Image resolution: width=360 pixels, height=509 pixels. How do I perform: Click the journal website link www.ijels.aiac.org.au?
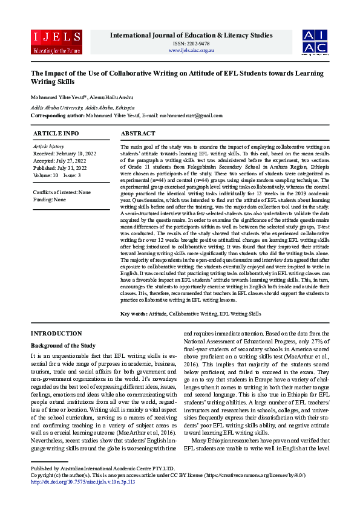click(191, 50)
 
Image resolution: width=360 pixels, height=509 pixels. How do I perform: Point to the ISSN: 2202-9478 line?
click(191, 44)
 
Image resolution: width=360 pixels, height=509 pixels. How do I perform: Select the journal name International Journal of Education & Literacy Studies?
click(191, 36)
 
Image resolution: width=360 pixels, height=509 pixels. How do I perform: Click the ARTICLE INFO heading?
click(56, 133)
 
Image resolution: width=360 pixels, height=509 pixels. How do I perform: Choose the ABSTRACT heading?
click(138, 133)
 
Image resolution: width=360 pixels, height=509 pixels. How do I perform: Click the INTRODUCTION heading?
click(56, 334)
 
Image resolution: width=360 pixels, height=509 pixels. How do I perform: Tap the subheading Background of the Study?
click(62, 345)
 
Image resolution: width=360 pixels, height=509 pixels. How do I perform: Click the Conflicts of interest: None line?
click(62, 192)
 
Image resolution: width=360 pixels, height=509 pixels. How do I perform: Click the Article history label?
click(48, 146)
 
